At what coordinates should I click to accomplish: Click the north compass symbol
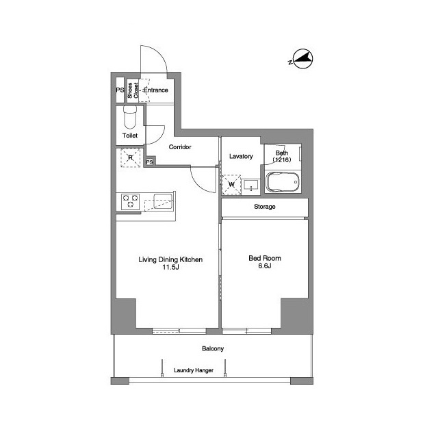302,59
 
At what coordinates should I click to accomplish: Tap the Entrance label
155,90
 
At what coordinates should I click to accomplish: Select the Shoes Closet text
133,90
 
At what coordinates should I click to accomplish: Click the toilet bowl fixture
130,117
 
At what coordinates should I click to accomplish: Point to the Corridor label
180,147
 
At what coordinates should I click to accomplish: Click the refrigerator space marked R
131,158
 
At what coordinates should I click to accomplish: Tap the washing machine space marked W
231,185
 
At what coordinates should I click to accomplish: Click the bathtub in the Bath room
283,182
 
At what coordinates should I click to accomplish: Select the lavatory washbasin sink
251,185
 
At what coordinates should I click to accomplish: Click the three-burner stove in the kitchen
131,201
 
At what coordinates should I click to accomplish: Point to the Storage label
265,207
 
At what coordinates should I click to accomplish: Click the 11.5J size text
170,268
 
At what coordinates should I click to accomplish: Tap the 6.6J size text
265,266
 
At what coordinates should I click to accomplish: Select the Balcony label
213,348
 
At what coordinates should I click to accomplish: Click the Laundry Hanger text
194,370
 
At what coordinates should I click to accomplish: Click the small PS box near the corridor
149,162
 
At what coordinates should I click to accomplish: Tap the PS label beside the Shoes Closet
120,90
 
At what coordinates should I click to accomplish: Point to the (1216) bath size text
281,159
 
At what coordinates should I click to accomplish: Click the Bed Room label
265,258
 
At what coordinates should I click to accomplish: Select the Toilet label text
130,136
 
